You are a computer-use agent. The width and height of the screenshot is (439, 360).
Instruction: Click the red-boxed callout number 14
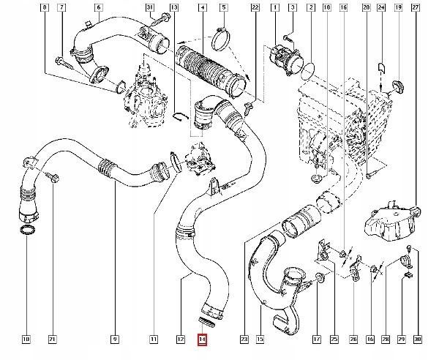click(x=203, y=339)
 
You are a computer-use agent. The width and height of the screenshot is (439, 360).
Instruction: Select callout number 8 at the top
click(x=46, y=8)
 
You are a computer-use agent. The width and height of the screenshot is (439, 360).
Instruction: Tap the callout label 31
click(x=151, y=8)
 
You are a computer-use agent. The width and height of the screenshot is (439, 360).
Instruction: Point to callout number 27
click(x=416, y=8)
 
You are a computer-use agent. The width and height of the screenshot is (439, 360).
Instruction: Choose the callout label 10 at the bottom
click(x=26, y=339)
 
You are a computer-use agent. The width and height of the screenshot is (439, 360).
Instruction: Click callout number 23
click(x=244, y=339)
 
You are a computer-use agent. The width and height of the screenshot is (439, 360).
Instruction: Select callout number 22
click(x=255, y=8)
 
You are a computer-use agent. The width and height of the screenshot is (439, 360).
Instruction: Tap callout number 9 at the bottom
click(x=116, y=339)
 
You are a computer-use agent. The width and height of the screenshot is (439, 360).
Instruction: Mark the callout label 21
click(x=53, y=339)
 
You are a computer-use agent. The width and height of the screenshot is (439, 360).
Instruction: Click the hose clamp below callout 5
click(x=222, y=34)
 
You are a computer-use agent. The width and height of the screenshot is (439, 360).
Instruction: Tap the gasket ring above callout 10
click(x=26, y=232)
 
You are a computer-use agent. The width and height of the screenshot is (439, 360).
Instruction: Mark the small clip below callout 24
click(x=380, y=68)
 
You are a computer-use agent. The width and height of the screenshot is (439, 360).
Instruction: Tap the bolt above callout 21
click(x=54, y=176)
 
